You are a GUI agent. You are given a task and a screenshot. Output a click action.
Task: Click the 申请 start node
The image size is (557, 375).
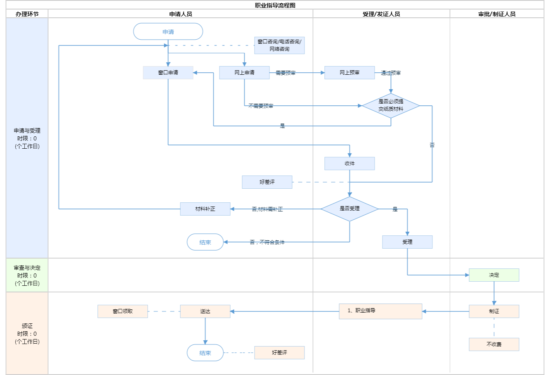[168, 31]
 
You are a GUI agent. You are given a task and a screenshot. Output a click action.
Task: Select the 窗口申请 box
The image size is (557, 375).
[168, 73]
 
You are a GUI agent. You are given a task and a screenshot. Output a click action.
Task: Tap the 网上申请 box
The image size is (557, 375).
[244, 73]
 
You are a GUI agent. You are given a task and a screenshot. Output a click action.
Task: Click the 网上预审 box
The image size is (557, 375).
[349, 73]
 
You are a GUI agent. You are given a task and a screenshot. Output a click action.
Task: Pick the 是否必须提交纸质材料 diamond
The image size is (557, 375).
[391, 106]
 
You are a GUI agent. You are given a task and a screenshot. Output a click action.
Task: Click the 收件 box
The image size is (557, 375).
[349, 164]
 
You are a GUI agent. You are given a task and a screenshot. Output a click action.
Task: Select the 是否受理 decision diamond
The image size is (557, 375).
[349, 209]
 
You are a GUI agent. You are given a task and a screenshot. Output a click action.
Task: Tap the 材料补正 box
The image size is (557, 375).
[205, 209]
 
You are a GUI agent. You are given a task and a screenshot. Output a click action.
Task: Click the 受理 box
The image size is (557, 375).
[407, 242]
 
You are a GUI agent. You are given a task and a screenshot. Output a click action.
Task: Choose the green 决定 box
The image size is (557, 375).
[494, 275]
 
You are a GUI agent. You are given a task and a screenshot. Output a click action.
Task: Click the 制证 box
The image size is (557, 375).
[494, 311]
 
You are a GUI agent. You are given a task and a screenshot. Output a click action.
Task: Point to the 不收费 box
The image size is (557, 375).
[494, 344]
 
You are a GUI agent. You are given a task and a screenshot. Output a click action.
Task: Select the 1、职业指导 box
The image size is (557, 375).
[380, 311]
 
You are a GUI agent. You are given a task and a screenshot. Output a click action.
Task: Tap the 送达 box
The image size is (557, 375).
[205, 311]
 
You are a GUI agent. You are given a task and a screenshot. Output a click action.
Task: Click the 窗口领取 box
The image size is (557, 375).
[123, 311]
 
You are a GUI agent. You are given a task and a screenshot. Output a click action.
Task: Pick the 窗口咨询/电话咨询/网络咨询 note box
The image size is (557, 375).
[279, 45]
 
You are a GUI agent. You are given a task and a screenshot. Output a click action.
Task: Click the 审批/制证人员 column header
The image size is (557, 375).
[497, 14]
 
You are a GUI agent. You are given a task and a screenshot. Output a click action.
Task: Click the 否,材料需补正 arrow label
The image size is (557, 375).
[267, 209]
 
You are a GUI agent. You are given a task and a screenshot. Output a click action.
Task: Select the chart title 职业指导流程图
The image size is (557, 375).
[275, 5]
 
